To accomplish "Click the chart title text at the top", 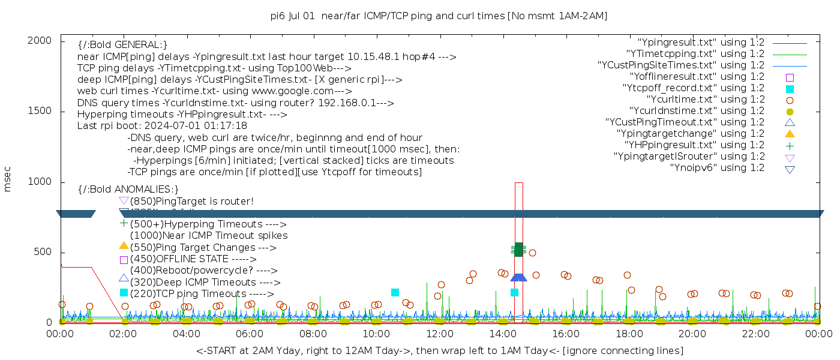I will [x=439, y=16].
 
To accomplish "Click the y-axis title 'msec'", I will [x=8, y=179].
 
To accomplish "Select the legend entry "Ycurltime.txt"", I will [x=705, y=99].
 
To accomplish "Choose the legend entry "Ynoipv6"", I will [x=717, y=167].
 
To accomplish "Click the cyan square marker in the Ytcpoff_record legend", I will [x=790, y=88].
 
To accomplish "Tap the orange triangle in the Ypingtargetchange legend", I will [x=790, y=134].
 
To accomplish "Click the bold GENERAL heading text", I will [x=122, y=45].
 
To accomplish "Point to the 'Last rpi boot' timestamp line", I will [x=162, y=126].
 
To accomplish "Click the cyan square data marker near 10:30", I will [x=395, y=292].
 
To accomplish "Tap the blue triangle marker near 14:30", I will [x=518, y=277].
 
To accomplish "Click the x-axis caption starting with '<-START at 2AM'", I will [x=439, y=350].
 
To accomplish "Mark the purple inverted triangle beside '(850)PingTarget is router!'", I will [x=124, y=200].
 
